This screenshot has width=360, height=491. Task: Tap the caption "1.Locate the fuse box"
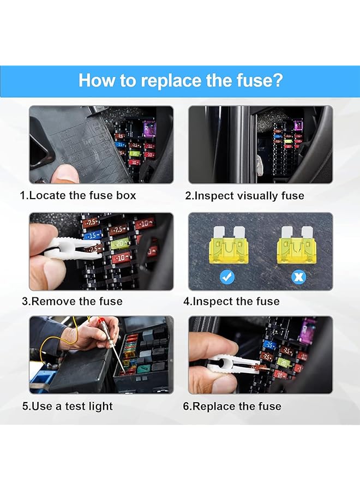pos(78,195)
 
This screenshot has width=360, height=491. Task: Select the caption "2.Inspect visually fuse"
pos(245,196)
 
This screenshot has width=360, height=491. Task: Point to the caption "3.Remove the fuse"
pos(72,301)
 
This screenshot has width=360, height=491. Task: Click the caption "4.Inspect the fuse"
pos(231,301)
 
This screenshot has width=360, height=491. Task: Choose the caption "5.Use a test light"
pos(67,406)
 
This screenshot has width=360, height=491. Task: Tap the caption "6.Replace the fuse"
pos(232,406)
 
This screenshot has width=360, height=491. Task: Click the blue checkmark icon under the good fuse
pos(227,277)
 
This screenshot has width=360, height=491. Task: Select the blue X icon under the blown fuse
pos(299,277)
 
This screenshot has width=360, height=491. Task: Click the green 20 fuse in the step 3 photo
pos(120,243)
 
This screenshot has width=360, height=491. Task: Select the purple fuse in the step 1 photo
pos(149,129)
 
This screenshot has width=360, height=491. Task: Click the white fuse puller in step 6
pos(234,364)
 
